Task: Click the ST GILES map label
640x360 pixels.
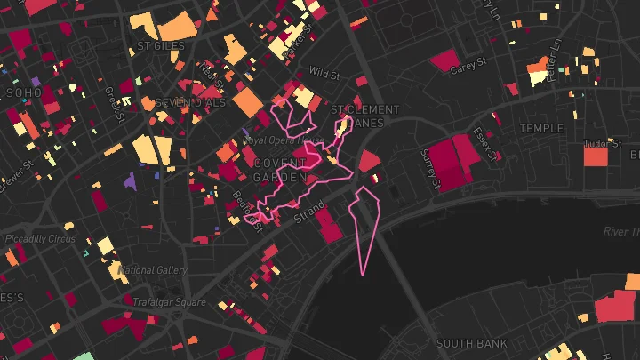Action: (x=160, y=45)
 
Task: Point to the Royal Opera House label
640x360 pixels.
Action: (x=284, y=140)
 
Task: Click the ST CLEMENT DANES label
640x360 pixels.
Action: (x=365, y=116)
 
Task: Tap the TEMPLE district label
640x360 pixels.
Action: (x=541, y=128)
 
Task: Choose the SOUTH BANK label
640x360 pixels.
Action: (x=472, y=343)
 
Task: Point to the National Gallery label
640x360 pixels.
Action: (x=152, y=270)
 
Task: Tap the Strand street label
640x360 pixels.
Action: (x=309, y=210)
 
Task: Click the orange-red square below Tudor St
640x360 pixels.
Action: (x=595, y=157)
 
